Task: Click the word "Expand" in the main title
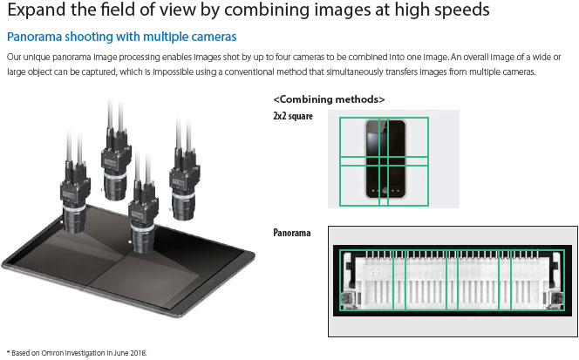pyautogui.click(x=37, y=10)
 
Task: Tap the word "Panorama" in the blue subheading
pyautogui.click(x=34, y=37)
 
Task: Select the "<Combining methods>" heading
pyautogui.click(x=329, y=99)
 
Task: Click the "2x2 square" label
pyautogui.click(x=293, y=116)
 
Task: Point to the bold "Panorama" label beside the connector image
pyautogui.click(x=292, y=233)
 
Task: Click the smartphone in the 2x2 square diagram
pyautogui.click(x=385, y=160)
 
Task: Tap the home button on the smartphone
pyautogui.click(x=385, y=191)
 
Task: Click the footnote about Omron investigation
pyautogui.click(x=77, y=353)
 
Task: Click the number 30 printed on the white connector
pyautogui.click(x=376, y=273)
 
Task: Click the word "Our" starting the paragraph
pyautogui.click(x=14, y=58)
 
